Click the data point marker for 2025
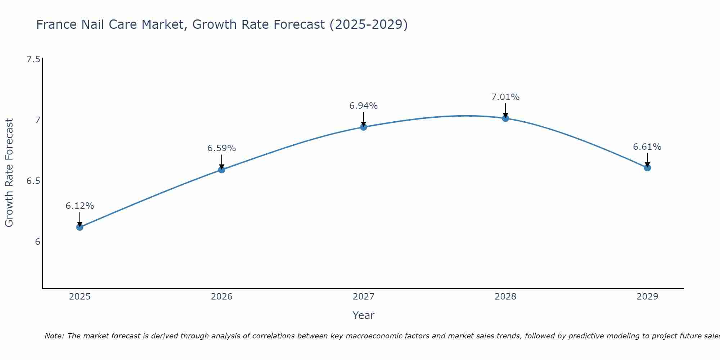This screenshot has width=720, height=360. tap(80, 227)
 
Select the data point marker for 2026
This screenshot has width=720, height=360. tap(222, 170)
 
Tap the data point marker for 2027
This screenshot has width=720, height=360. tap(364, 127)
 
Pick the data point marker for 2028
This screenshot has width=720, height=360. tap(505, 118)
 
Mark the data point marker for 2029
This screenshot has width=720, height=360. tap(647, 168)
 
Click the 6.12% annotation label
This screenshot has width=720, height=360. tap(80, 206)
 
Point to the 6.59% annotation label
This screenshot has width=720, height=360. tap(222, 148)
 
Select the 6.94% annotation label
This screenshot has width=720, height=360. tap(364, 106)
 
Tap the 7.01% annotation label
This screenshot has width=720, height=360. tap(505, 97)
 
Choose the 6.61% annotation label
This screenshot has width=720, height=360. tap(647, 147)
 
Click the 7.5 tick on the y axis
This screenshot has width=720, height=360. tap(33, 59)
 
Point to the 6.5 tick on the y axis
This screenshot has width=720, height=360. tap(33, 181)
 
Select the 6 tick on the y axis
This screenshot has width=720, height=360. tap(37, 242)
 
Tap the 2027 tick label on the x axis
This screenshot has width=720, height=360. tap(364, 297)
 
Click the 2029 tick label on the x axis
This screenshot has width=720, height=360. tap(647, 297)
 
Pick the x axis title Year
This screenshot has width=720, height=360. tap(364, 315)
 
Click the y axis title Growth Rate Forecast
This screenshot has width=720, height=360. tap(9, 173)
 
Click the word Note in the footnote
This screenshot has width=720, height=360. tap(54, 336)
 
